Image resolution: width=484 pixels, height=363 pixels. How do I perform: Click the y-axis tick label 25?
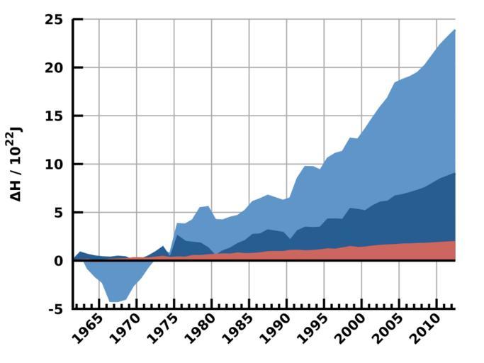click(x=53, y=19)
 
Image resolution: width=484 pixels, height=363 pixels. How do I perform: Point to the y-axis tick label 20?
click(x=53, y=67)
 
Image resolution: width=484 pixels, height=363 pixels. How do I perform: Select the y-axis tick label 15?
click(x=54, y=116)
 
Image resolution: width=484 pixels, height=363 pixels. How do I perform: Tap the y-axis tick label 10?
click(x=53, y=164)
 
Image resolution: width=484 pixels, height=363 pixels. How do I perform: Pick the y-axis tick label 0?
click(x=59, y=260)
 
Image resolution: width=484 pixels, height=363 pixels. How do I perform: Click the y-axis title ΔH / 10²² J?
click(x=16, y=164)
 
